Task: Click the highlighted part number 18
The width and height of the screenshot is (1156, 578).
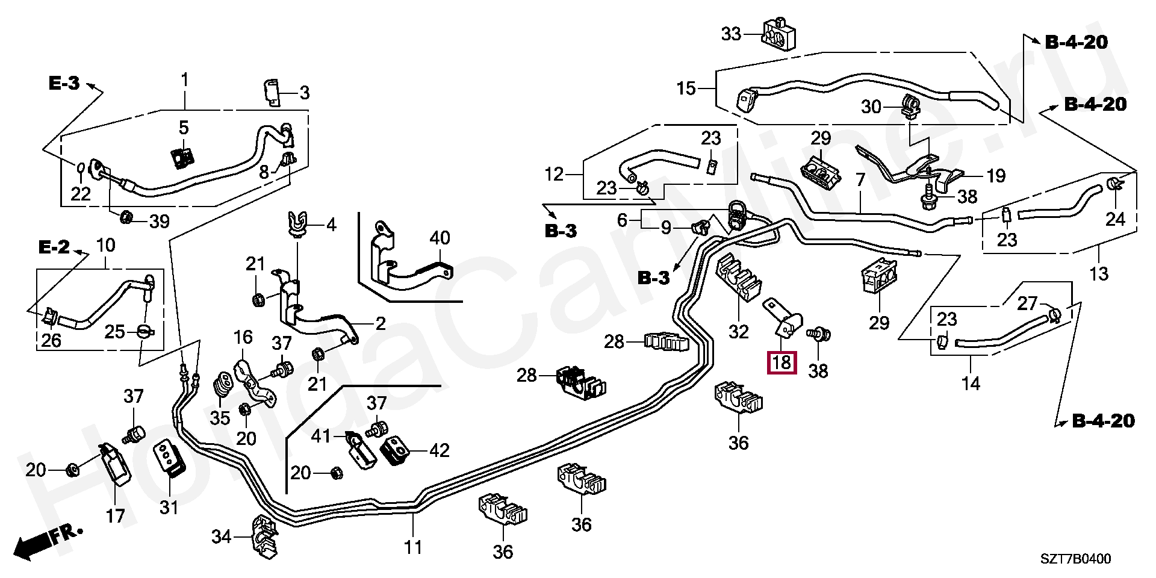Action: (782, 362)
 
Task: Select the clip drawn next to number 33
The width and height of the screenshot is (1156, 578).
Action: (780, 33)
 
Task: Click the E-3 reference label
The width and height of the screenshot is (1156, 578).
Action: (64, 84)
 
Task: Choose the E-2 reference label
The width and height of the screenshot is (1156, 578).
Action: (55, 247)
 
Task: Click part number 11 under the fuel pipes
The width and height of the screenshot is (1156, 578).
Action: (413, 547)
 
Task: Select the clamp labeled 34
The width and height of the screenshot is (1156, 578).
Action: (265, 535)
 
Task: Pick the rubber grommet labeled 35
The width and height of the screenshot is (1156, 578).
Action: (223, 385)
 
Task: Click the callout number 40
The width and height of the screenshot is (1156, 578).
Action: (440, 238)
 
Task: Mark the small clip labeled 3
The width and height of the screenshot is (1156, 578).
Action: (273, 92)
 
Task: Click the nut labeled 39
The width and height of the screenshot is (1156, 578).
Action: (126, 217)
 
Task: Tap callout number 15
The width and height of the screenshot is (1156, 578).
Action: (686, 89)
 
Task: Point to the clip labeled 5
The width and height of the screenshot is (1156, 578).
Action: (182, 159)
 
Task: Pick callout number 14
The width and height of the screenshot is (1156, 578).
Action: (971, 382)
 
